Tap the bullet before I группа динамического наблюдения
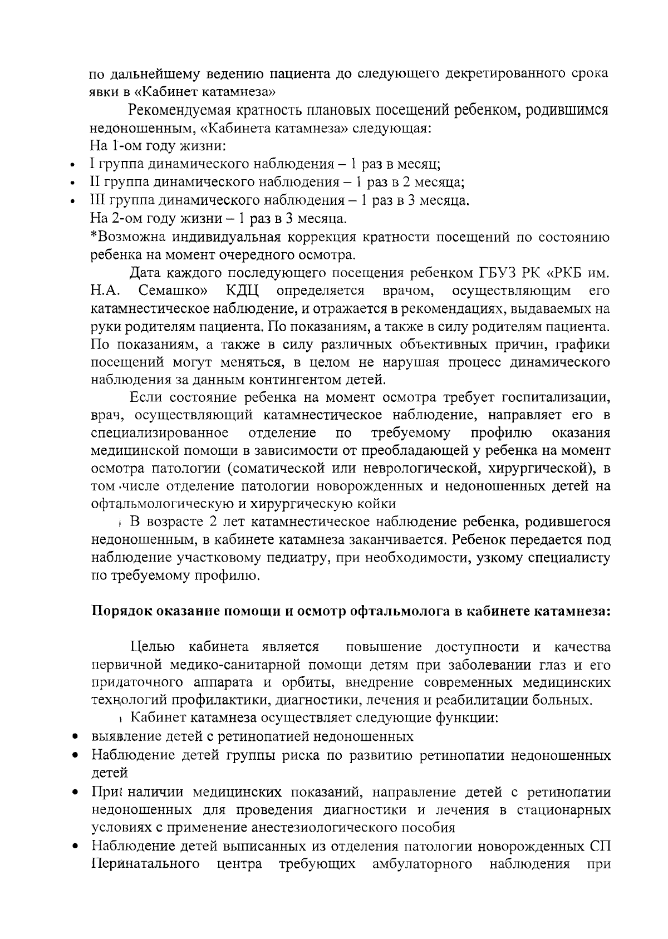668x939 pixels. coord(72,166)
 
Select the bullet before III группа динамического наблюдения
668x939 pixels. coord(72,202)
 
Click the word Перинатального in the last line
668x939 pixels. coord(145,864)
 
